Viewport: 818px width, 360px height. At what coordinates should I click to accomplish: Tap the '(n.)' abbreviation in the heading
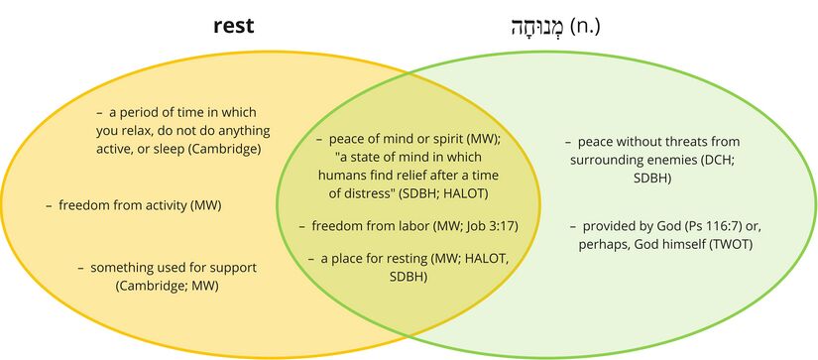click(585, 26)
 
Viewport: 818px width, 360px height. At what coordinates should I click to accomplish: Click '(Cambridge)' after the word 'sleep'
click(229, 149)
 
